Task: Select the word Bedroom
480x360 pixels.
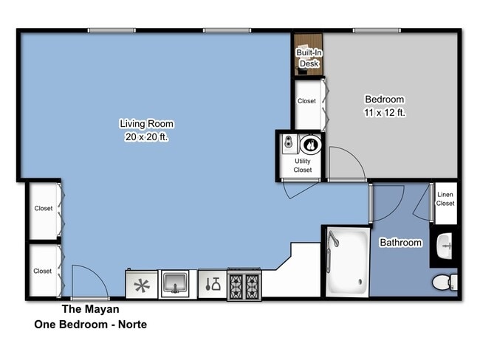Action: point(385,100)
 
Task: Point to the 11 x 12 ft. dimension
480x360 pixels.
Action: point(385,113)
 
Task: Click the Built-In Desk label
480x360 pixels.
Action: point(308,58)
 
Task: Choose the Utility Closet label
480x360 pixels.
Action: point(303,165)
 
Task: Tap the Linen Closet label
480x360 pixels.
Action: point(445,199)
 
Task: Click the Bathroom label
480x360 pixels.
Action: point(401,243)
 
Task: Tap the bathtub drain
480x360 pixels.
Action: point(360,280)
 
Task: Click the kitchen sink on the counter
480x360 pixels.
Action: point(176,283)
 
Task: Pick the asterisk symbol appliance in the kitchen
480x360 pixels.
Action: point(143,283)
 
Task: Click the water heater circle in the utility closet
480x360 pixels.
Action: point(311,144)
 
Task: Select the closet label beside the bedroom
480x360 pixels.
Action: point(306,101)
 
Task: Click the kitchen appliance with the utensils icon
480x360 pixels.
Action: point(212,283)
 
